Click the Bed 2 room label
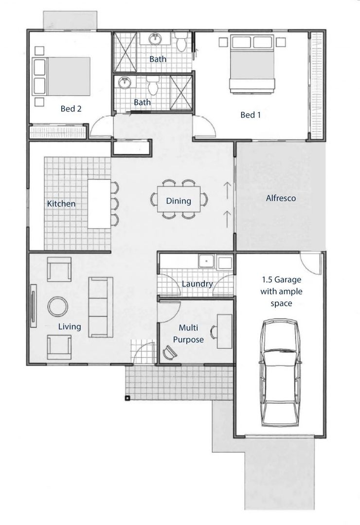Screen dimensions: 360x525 [71, 108]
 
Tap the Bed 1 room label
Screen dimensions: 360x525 [251, 115]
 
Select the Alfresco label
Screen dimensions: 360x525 [281, 198]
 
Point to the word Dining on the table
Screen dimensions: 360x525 [179, 201]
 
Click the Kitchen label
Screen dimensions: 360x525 [61, 204]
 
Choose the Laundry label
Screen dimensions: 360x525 [197, 284]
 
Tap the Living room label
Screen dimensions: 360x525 [70, 327]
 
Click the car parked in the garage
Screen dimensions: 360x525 [280, 372]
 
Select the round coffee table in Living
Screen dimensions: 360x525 [58, 306]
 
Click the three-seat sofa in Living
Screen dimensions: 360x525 [101, 307]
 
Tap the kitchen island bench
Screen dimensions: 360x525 [99, 204]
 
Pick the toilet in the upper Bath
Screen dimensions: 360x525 [181, 41]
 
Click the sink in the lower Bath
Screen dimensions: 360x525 [124, 83]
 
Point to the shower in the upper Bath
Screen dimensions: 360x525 [125, 52]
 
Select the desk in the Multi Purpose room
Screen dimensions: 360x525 [225, 332]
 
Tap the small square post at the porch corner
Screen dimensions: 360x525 [127, 398]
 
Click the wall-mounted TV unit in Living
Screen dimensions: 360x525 [34, 306]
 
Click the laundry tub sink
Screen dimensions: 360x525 [206, 262]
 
